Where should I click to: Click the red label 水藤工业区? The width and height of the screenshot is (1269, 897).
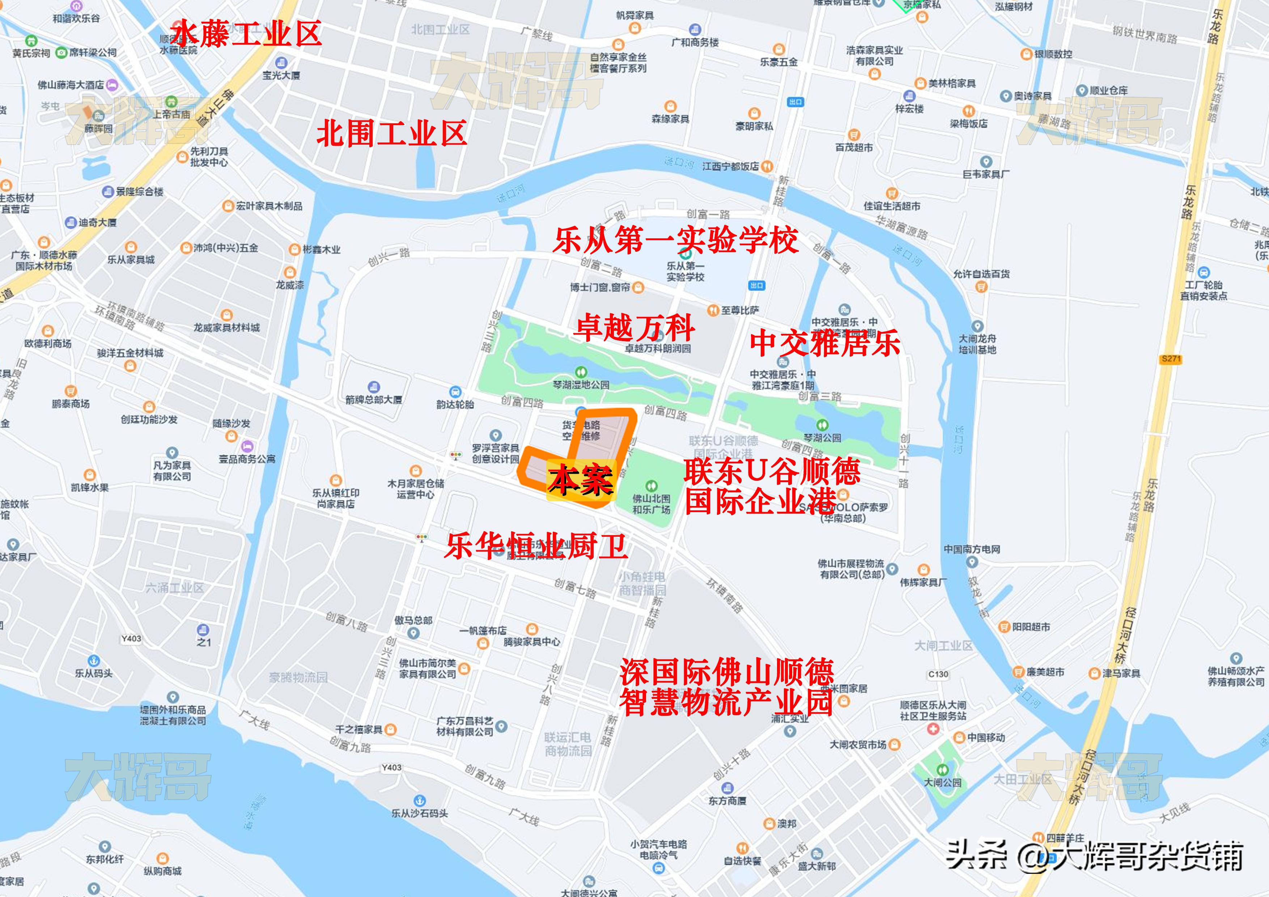(x=246, y=34)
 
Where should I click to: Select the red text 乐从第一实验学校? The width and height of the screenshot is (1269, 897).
(x=675, y=241)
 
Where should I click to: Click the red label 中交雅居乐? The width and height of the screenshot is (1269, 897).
(x=825, y=343)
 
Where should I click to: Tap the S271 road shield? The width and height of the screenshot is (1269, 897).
(x=1171, y=359)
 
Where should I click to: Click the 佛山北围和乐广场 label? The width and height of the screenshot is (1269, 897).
(x=651, y=503)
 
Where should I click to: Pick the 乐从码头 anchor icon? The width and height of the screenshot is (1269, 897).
(x=94, y=661)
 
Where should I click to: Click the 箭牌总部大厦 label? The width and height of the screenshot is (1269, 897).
(x=374, y=399)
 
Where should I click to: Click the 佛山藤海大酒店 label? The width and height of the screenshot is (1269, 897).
(x=71, y=85)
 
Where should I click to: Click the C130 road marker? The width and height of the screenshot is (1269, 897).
(x=938, y=674)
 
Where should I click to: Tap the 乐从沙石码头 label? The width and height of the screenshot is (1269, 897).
(x=420, y=813)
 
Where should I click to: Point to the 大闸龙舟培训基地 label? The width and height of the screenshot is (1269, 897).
(x=977, y=344)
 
